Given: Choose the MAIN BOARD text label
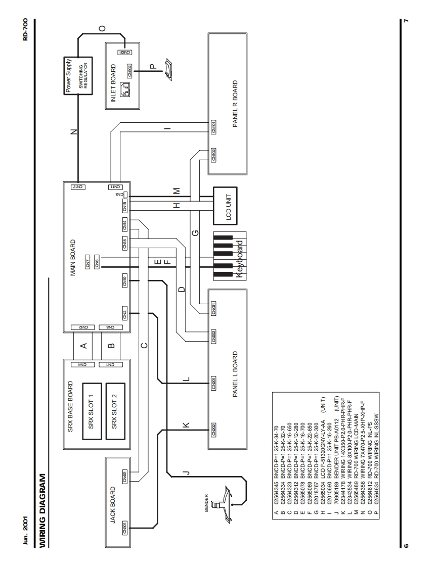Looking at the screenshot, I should (74, 263).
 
